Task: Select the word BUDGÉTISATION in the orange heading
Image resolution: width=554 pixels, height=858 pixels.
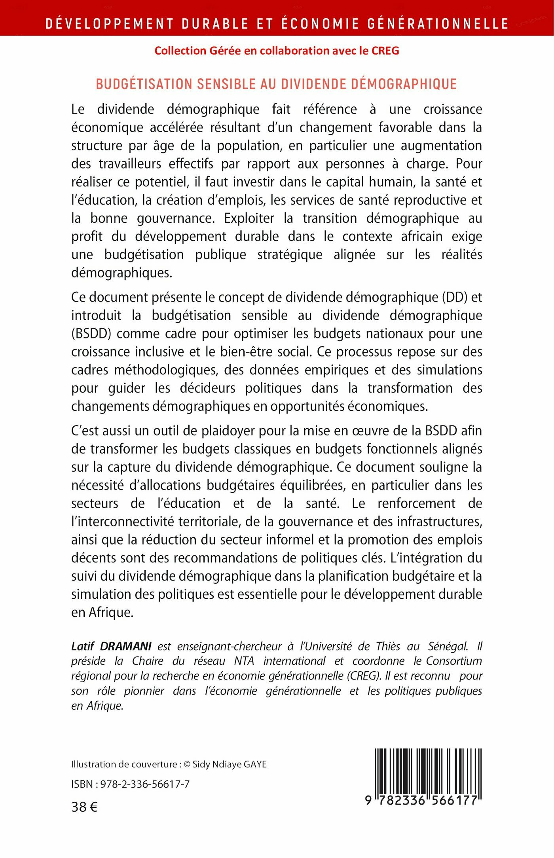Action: tap(144, 84)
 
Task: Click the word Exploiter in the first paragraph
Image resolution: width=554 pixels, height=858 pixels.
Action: tap(249, 218)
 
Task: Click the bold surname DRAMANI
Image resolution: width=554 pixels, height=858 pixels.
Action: tap(125, 646)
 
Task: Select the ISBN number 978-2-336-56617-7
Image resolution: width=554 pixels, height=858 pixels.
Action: tap(145, 784)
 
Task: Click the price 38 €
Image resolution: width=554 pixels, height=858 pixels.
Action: tap(84, 807)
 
